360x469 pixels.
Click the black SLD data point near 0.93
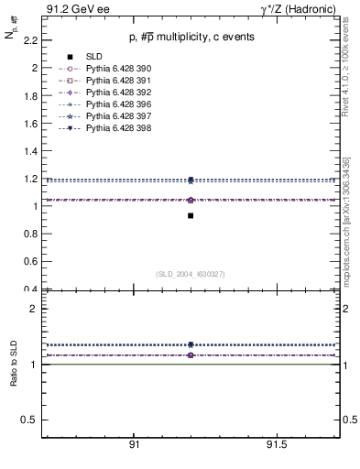(191, 215)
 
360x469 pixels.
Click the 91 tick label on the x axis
(134, 443)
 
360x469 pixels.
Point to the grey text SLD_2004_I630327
(191, 274)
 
